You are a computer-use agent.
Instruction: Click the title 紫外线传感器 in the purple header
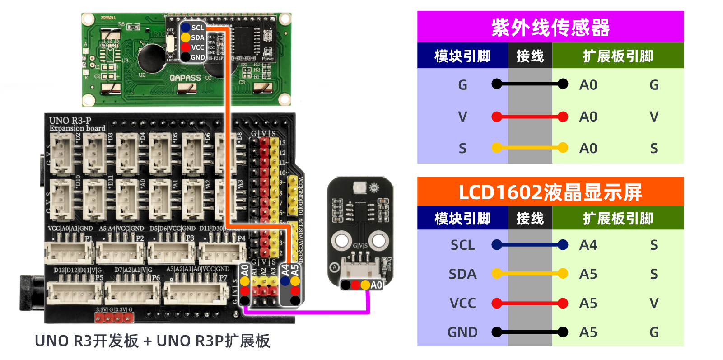pyautogui.click(x=550, y=28)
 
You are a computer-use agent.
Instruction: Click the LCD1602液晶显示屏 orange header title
pyautogui.click(x=550, y=192)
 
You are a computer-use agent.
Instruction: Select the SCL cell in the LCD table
pyautogui.click(x=462, y=245)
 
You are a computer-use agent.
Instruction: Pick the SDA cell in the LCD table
pyautogui.click(x=462, y=274)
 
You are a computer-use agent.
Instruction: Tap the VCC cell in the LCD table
pyautogui.click(x=462, y=303)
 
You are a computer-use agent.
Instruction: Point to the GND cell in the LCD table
pyautogui.click(x=462, y=332)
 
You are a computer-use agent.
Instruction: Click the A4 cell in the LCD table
pyautogui.click(x=588, y=245)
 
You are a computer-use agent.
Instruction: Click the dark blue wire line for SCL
pyautogui.click(x=530, y=245)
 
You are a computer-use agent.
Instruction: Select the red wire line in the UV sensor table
pyautogui.click(x=530, y=117)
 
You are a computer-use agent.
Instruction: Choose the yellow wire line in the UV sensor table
pyautogui.click(x=530, y=148)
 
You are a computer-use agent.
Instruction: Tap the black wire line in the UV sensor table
pyautogui.click(x=530, y=84)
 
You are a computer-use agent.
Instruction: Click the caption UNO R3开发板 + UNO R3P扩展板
pyautogui.click(x=152, y=341)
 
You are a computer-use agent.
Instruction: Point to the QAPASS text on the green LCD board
pyautogui.click(x=185, y=78)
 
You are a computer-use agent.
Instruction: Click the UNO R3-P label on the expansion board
pyautogui.click(x=70, y=121)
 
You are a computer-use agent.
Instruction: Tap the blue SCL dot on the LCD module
pyautogui.click(x=186, y=28)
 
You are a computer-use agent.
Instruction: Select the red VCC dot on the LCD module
pyautogui.click(x=186, y=47)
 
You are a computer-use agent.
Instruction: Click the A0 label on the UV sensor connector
pyautogui.click(x=376, y=285)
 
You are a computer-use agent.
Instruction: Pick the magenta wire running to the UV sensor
pyautogui.click(x=307, y=312)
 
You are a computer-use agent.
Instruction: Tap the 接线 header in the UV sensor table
pyautogui.click(x=530, y=56)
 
